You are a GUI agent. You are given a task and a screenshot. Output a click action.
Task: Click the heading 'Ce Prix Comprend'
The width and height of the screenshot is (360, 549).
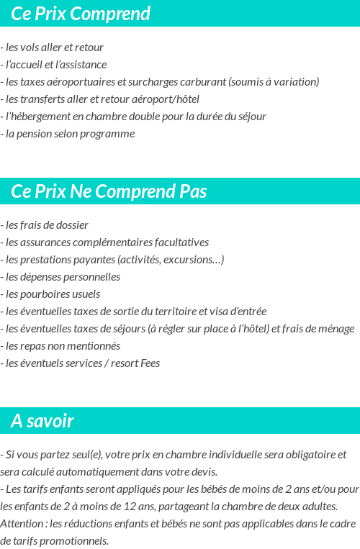point(81,14)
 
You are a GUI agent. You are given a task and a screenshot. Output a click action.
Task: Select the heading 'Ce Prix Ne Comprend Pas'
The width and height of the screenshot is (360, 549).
point(109,191)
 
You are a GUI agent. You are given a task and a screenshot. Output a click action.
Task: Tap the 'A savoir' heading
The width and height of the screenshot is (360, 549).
point(42,421)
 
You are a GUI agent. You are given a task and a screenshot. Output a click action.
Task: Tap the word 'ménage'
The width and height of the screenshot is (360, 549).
point(334,329)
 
